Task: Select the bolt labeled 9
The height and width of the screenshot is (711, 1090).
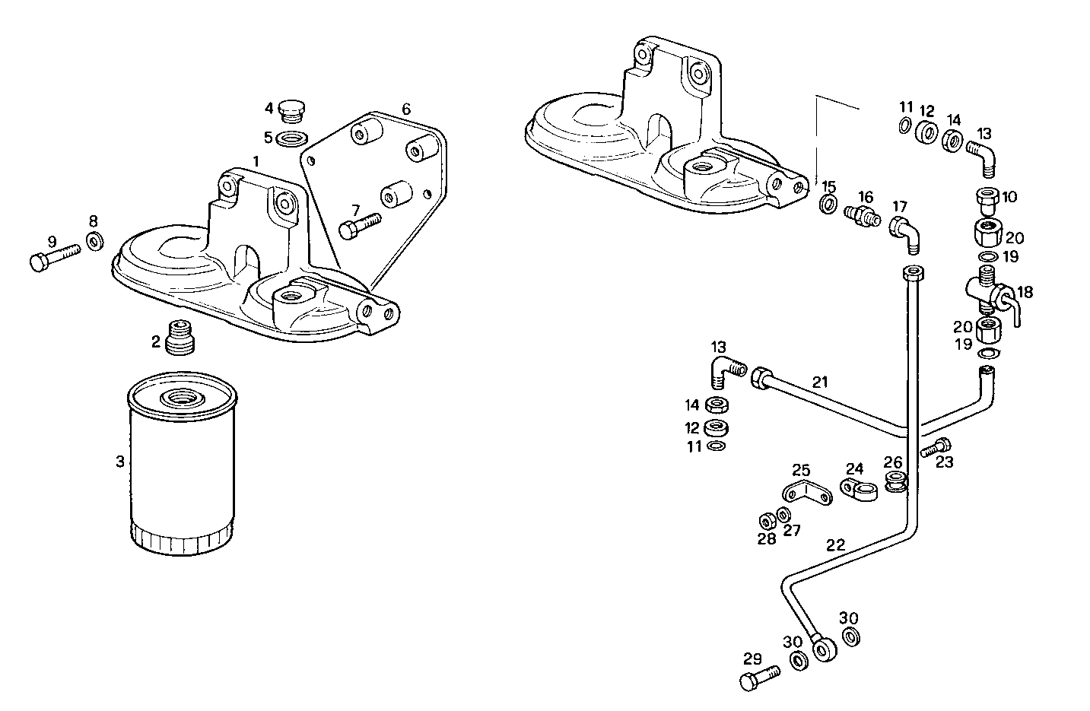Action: pos(53,256)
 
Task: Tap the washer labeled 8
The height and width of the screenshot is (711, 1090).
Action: pos(96,243)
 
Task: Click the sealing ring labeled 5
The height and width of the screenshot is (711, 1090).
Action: pos(291,139)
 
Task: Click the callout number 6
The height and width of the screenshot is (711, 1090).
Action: pos(406,109)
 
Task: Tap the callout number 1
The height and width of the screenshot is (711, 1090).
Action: pos(256,161)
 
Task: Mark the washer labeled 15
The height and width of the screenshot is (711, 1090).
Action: pos(828,205)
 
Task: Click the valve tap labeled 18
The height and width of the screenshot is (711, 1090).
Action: pos(993,293)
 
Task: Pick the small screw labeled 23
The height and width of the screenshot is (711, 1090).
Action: pos(936,449)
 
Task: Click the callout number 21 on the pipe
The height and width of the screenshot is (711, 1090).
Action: pos(819,382)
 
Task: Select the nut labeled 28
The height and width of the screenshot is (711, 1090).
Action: pos(767,522)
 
